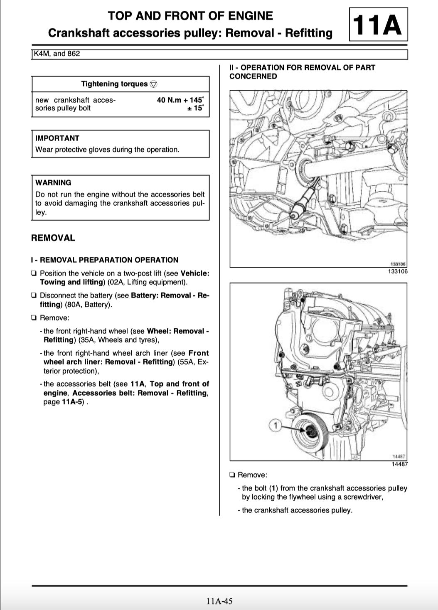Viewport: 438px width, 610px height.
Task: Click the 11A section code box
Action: pos(378,25)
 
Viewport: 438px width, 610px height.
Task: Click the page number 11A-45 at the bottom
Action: pos(219,601)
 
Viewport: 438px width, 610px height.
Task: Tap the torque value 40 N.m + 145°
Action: pos(180,100)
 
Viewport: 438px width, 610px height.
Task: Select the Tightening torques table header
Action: pos(114,84)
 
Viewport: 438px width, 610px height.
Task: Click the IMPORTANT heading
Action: pos(57,138)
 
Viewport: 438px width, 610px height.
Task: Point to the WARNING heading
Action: pos(53,182)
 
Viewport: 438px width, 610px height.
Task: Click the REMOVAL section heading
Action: pos(53,238)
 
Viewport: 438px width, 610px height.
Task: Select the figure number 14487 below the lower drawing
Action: pos(399,464)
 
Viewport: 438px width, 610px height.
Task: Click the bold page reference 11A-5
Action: pos(72,402)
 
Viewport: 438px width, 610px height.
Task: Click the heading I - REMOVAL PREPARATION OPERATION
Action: pos(105,260)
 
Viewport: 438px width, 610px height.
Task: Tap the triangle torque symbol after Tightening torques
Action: pos(153,84)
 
